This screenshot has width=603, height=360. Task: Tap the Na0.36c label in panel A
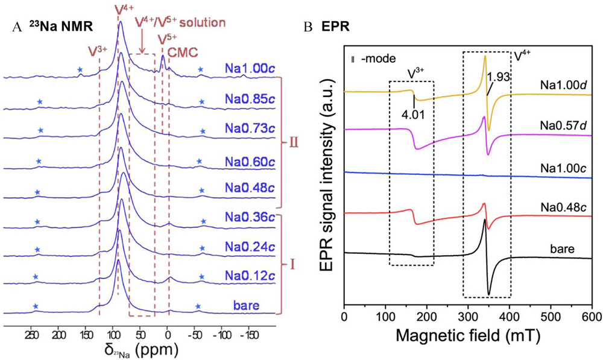[247, 216]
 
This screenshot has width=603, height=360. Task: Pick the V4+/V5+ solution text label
[180, 22]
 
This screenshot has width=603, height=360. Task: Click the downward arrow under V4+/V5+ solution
[142, 43]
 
